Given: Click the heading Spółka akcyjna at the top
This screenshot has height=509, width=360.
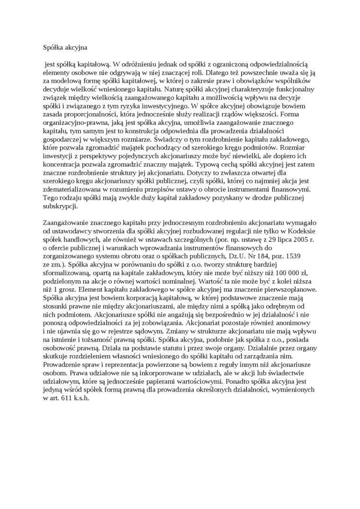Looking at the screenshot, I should pos(64,47).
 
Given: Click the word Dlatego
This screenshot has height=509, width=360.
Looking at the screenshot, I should pos(216,72).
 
